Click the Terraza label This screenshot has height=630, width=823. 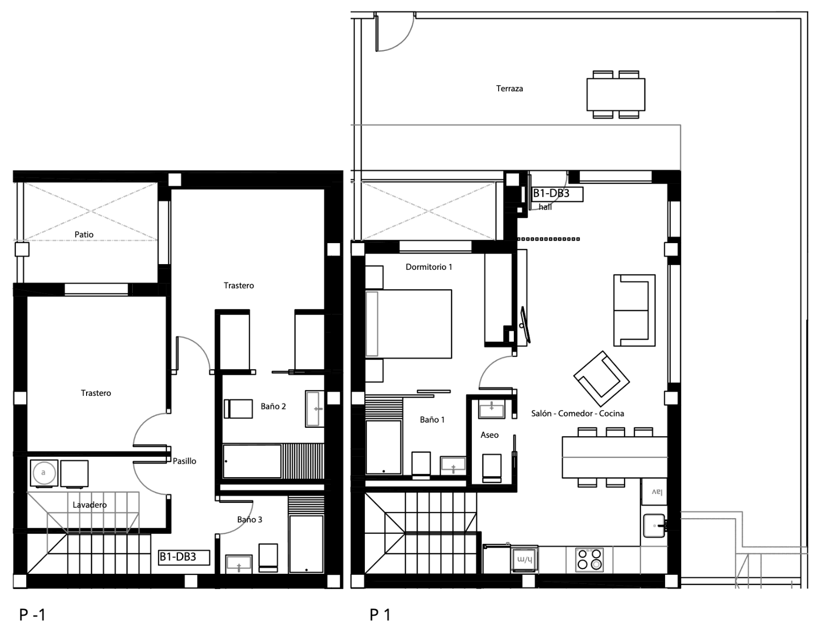pos(509,89)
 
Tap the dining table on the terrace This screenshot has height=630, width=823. pos(616,94)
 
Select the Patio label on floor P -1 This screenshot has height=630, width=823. pos(84,234)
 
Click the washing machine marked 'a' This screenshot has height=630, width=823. pos(44,473)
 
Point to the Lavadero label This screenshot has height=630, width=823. pos(90,505)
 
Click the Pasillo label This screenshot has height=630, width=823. pos(184,461)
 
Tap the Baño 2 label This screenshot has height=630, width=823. pos(273,406)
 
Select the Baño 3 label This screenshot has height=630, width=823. pos(250,519)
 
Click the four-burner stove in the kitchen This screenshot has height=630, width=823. pos(590,560)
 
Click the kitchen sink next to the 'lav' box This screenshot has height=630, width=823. pos(655,526)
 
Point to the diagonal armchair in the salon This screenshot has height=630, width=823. pos(602,379)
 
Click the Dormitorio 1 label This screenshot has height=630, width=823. pos(429,267)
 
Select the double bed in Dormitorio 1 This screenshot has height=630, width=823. pos(408,323)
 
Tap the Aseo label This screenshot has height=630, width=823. pos(490,435)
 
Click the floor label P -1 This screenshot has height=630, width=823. pos(32,615)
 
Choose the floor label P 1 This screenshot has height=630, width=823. pos(380,615)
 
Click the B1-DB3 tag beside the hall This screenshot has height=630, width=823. pos(557,194)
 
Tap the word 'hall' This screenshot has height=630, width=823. pos(545,207)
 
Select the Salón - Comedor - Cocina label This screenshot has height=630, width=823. pos(577,413)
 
